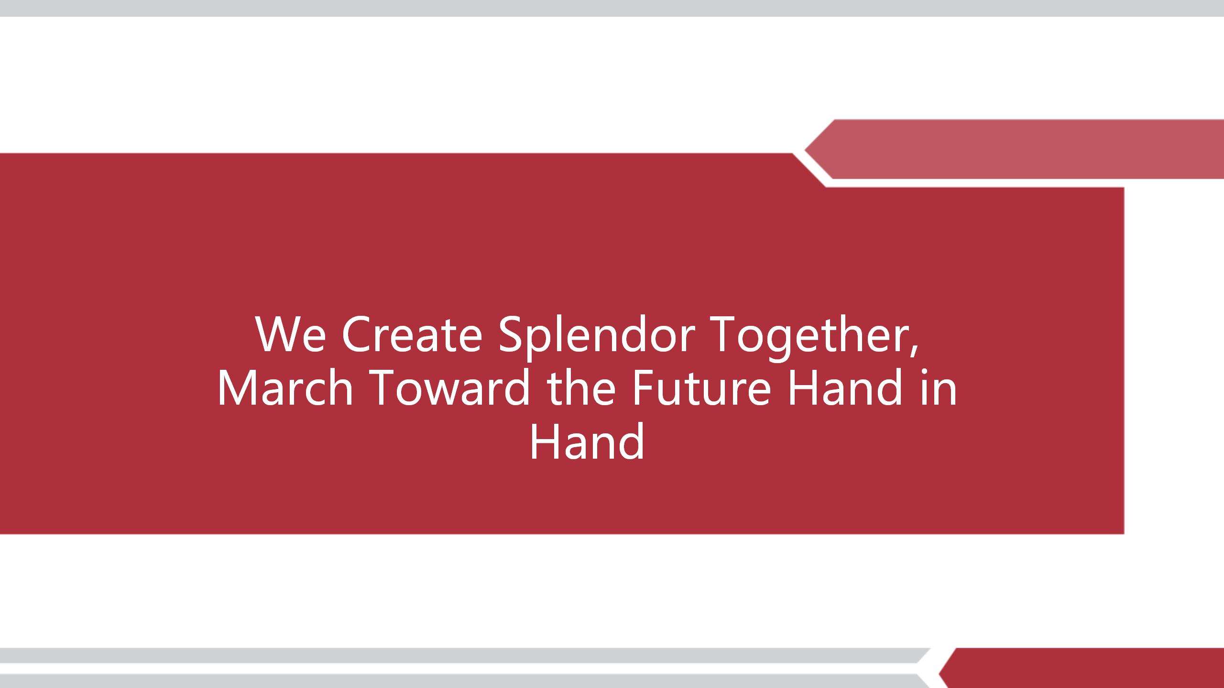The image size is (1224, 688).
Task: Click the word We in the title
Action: tap(291, 334)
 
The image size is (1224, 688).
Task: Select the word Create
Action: tap(412, 334)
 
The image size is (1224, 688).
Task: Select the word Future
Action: tap(702, 387)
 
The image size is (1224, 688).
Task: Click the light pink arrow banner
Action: tap(1014, 149)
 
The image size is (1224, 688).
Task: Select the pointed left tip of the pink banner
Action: tap(805, 150)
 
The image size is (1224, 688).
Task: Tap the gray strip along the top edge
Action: tap(612, 8)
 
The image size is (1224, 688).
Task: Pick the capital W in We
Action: tap(277, 334)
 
